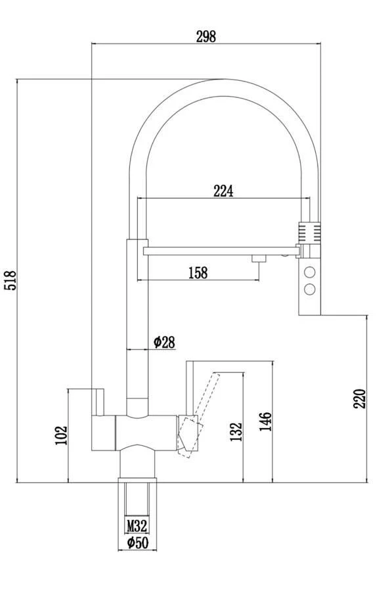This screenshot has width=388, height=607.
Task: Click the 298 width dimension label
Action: coord(205,37)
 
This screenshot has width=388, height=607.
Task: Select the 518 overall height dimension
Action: coord(11,280)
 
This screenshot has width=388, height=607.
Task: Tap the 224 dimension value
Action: coord(223,191)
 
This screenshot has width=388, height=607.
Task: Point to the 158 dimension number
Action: coord(198,272)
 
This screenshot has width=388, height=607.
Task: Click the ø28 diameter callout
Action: coord(164,342)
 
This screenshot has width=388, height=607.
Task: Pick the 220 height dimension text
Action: coord(359,399)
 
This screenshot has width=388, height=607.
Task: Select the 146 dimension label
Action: coord(265,422)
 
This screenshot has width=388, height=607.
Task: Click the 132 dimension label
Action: coord(236,431)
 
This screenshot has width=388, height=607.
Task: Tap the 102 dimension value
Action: coord(61,435)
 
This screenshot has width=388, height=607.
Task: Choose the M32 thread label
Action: coord(137,526)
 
